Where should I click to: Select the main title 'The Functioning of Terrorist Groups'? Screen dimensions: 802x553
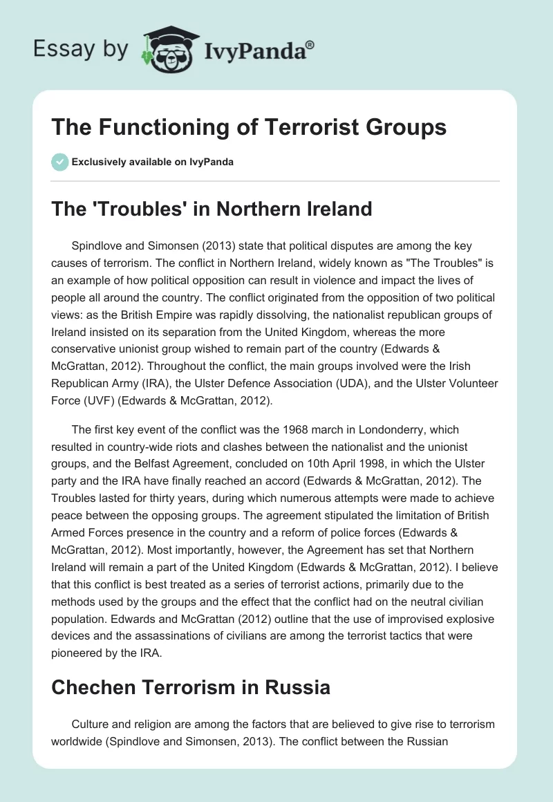click(249, 128)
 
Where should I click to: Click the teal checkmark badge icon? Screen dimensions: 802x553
click(59, 162)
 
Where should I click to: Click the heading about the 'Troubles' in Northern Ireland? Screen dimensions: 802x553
click(212, 209)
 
